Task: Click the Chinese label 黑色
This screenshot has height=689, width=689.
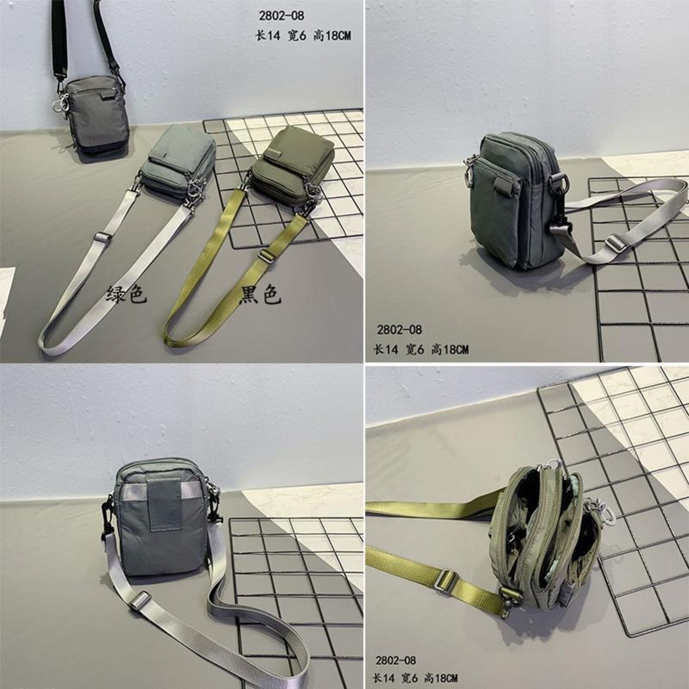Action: click(x=260, y=295)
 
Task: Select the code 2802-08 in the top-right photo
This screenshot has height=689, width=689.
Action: click(x=399, y=330)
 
